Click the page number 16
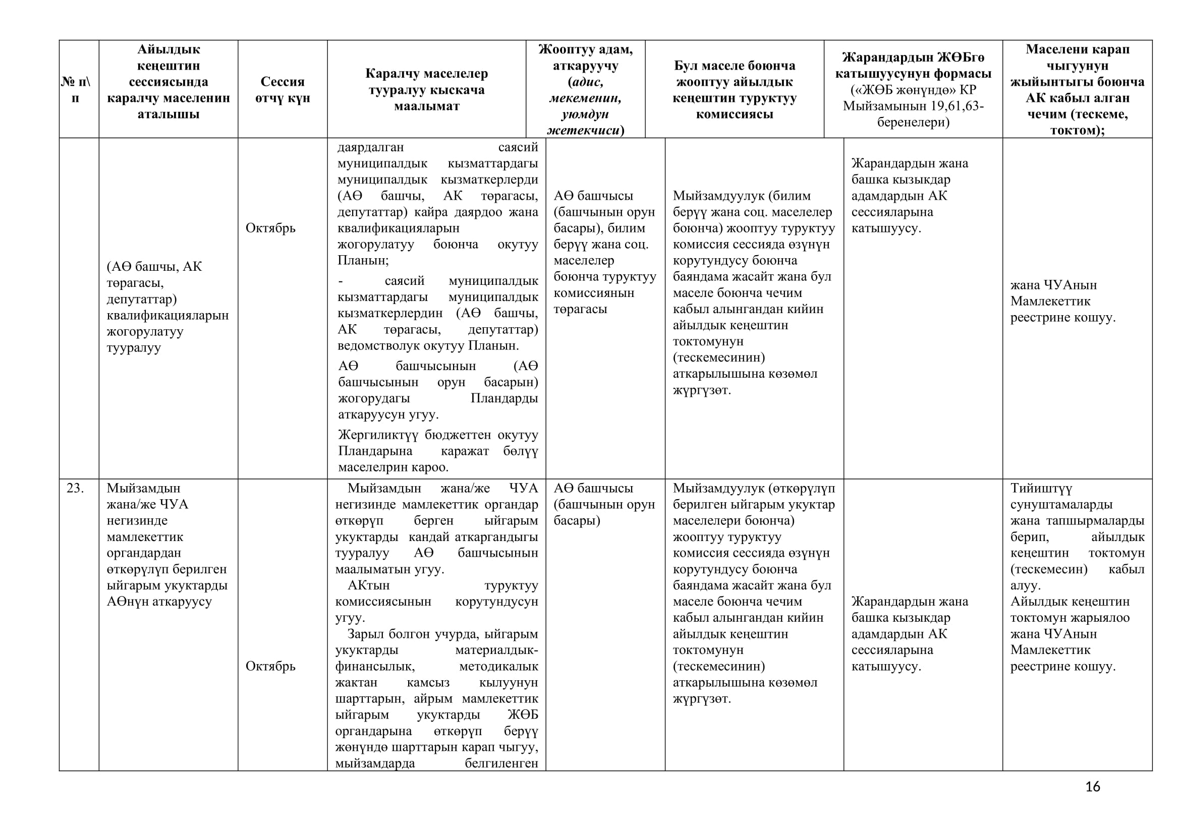tap(1092, 787)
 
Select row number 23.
tap(75, 488)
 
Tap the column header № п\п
tap(76, 89)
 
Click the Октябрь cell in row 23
tap(270, 666)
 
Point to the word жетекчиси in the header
tap(582, 130)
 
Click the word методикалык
tap(498, 666)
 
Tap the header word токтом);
tap(1077, 130)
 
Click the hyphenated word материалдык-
tap(496, 650)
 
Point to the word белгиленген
tap(501, 763)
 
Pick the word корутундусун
tap(496, 602)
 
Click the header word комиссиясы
tap(735, 114)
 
